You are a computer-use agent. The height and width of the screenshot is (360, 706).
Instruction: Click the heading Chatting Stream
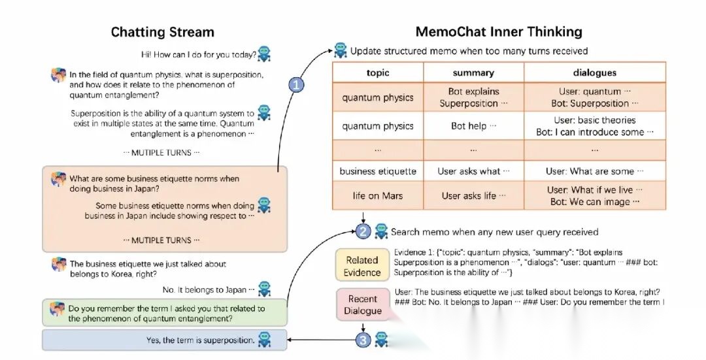pyautogui.click(x=163, y=33)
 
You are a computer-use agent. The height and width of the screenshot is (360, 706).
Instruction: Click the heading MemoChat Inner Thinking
pyautogui.click(x=499, y=32)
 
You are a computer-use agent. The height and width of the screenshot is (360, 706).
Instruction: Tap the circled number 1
pyautogui.click(x=296, y=84)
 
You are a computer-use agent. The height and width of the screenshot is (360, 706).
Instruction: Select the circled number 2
pyautogui.click(x=363, y=231)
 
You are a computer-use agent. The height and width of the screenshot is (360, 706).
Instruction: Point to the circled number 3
pyautogui.click(x=363, y=340)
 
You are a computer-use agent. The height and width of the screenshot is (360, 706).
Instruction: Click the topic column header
pyautogui.click(x=378, y=73)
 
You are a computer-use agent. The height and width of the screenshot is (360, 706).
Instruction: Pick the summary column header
pyautogui.click(x=473, y=73)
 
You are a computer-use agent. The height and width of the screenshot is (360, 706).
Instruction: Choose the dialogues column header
pyautogui.click(x=595, y=73)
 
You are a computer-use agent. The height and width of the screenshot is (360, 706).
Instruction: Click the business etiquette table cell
pyautogui.click(x=378, y=171)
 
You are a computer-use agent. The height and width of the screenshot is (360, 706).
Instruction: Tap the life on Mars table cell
pyautogui.click(x=378, y=196)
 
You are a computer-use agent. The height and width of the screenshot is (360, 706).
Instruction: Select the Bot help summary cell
pyautogui.click(x=473, y=126)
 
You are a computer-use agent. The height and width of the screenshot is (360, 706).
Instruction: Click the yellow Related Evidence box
pyautogui.click(x=362, y=266)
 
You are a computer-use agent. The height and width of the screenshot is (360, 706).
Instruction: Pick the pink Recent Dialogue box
pyautogui.click(x=362, y=304)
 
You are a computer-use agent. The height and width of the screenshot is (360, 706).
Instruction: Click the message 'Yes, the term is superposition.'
pyautogui.click(x=201, y=340)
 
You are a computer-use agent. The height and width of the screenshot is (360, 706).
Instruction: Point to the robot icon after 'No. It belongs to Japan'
pyautogui.click(x=264, y=289)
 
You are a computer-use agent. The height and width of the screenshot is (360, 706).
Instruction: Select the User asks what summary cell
pyautogui.click(x=473, y=171)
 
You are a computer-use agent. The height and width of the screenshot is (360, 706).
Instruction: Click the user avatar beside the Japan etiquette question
pyautogui.click(x=59, y=179)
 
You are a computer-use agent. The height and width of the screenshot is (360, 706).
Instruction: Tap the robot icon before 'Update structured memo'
pyautogui.click(x=341, y=51)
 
